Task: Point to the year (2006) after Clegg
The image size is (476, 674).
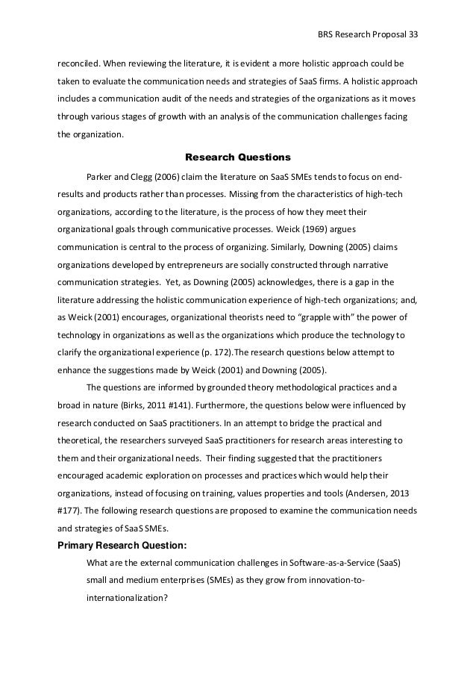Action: click(165, 178)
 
